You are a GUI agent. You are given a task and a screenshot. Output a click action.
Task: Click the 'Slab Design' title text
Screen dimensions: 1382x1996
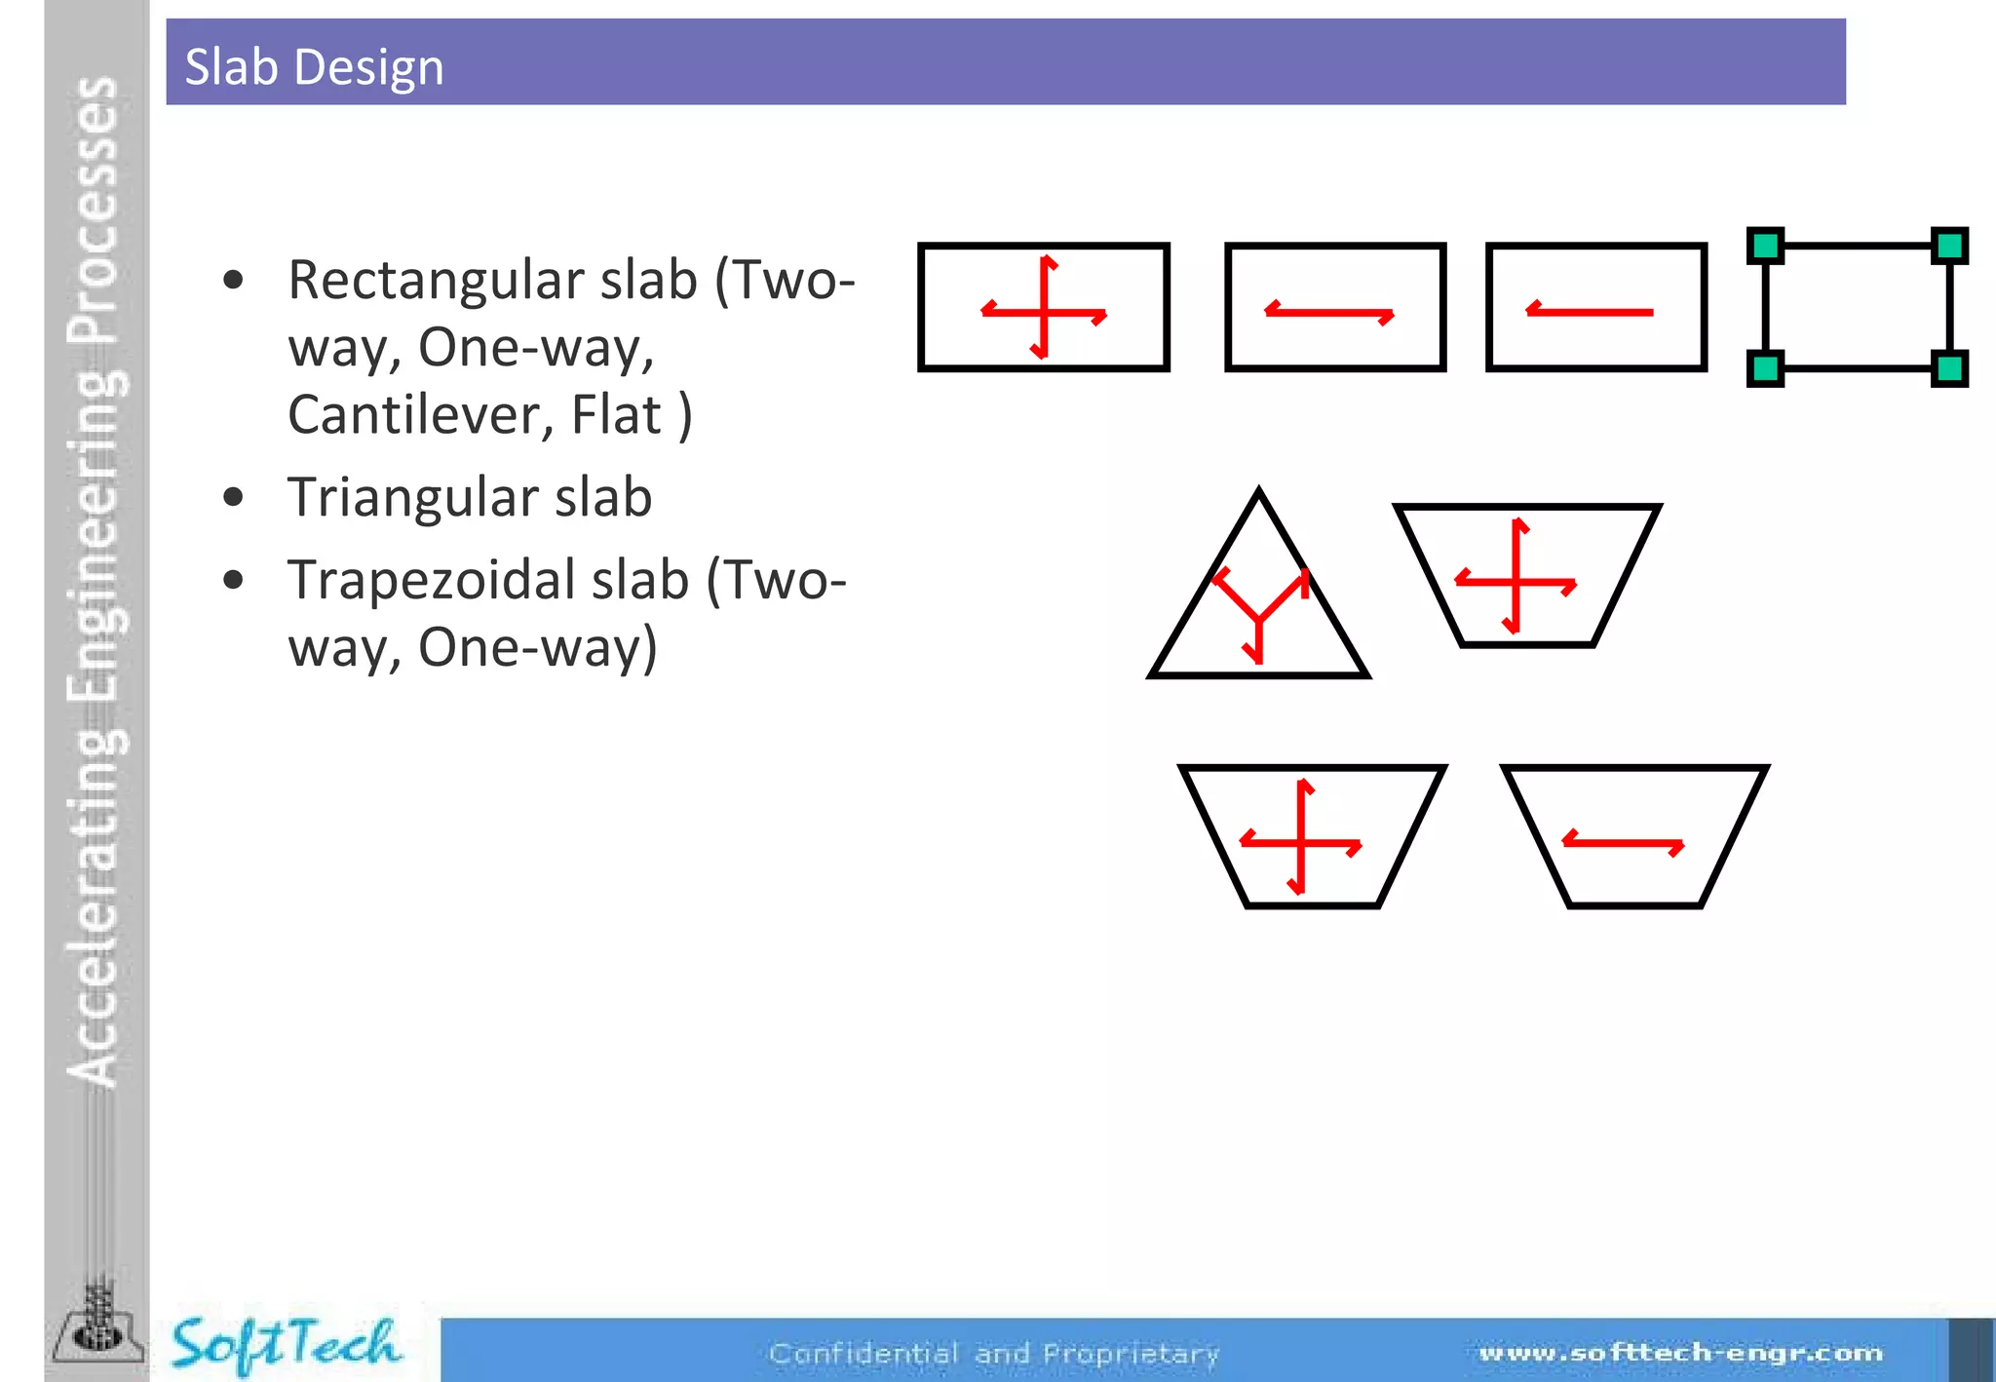click(314, 67)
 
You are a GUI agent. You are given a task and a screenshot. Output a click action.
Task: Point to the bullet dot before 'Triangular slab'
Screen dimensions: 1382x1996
click(233, 498)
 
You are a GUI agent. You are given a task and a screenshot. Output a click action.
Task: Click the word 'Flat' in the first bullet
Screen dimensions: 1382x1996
click(616, 414)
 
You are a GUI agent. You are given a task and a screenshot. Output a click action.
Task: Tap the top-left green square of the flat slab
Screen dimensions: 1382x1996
click(1765, 246)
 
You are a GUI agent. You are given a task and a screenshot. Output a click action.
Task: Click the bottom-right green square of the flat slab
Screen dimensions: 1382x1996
click(1949, 368)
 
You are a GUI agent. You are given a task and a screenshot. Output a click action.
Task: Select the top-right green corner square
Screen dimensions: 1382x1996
click(1949, 246)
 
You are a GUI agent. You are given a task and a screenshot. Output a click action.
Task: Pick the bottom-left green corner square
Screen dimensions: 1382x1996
click(1765, 368)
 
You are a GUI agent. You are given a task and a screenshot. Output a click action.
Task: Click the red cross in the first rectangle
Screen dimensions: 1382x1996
click(1044, 311)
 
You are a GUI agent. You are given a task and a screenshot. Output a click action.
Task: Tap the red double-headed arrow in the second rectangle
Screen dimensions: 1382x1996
click(1329, 313)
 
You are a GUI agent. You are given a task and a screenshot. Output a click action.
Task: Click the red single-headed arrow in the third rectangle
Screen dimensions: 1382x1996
click(1590, 312)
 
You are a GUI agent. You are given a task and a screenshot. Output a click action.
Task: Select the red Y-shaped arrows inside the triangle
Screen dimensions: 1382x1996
click(1259, 614)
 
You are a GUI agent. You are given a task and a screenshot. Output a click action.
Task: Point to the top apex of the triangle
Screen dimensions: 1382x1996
click(1259, 491)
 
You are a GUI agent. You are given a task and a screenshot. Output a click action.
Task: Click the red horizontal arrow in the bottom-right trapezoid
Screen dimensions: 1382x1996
click(1624, 843)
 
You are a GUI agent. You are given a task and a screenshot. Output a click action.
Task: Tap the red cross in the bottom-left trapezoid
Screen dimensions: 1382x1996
click(1301, 839)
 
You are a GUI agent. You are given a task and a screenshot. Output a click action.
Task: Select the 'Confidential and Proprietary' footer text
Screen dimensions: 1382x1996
click(994, 1353)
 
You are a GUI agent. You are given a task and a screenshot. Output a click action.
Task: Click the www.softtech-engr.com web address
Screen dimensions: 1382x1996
click(1680, 1352)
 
